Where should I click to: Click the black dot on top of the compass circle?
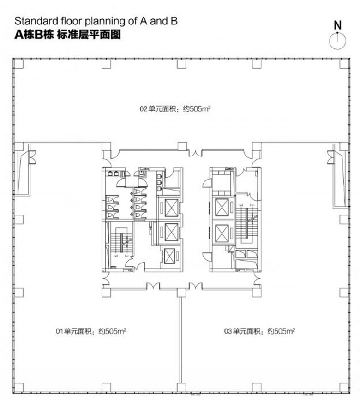tap(337, 33)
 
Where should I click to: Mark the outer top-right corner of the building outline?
tap(350, 58)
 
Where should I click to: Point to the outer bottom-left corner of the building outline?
tap(13, 393)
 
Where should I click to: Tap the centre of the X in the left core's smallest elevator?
tap(169, 256)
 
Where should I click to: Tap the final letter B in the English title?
tap(174, 21)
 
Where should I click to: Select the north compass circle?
tap(337, 41)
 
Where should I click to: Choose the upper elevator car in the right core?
tap(222, 208)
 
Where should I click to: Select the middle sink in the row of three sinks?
tap(159, 182)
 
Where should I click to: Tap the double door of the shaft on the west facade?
tap(32, 157)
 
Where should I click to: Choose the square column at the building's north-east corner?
tap(344, 64)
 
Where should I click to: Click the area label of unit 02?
tap(175, 109)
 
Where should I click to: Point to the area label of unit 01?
tap(91, 331)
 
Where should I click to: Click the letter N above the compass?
tap(338, 25)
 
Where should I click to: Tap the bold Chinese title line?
tap(67, 35)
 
